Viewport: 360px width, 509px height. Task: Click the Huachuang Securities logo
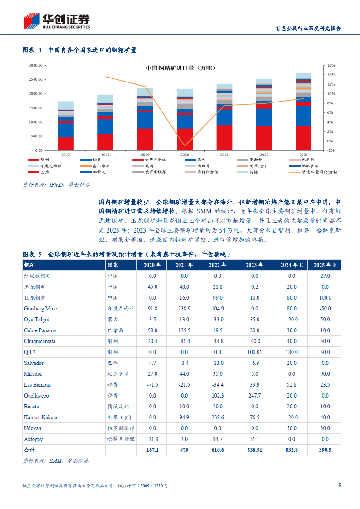(x=57, y=20)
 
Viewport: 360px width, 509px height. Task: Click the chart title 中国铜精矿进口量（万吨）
(x=180, y=68)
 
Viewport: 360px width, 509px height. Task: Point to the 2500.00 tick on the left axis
(x=35, y=79)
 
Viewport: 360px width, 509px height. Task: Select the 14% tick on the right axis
(x=331, y=75)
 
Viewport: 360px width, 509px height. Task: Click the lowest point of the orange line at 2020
(x=185, y=146)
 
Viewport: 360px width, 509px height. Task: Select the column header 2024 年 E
(x=292, y=265)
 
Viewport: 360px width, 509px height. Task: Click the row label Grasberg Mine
(x=40, y=309)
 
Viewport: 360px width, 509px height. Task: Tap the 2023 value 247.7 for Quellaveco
(x=254, y=396)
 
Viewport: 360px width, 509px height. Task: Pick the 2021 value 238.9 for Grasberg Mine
(x=184, y=309)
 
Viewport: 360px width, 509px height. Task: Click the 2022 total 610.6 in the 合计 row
(x=218, y=450)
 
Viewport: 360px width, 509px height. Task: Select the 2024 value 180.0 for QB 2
(x=292, y=352)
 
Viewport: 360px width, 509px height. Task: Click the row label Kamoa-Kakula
(x=41, y=417)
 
